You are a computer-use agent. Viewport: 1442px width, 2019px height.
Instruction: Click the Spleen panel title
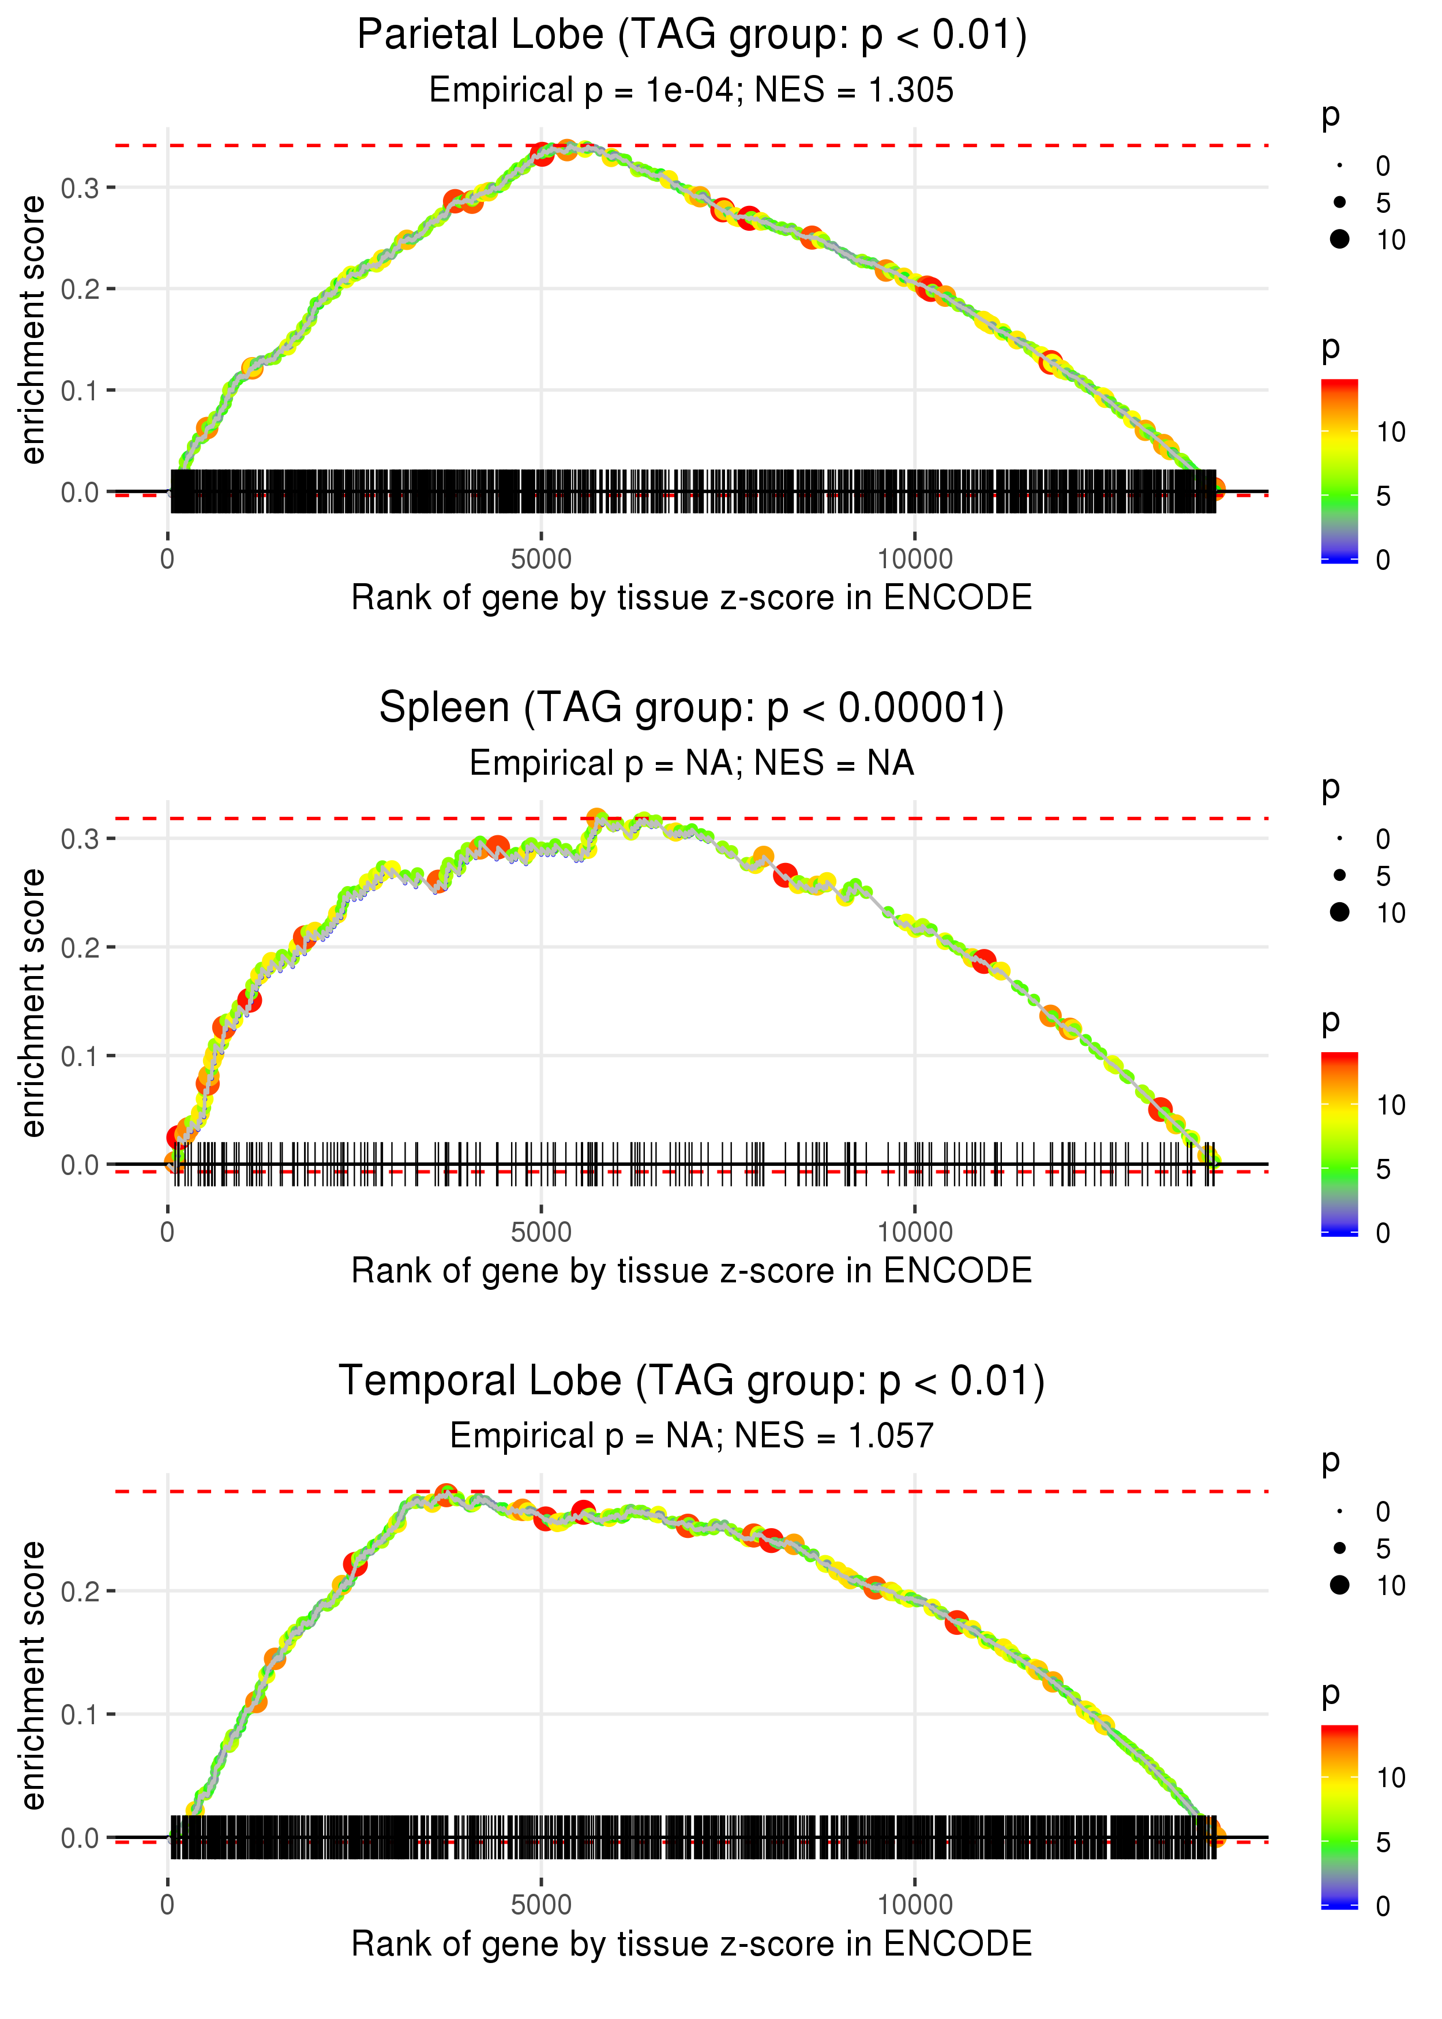[x=692, y=708]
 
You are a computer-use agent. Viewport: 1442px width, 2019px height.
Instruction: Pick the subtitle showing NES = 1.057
[x=692, y=1436]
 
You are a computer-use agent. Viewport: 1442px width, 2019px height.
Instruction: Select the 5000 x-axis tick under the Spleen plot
[x=541, y=1232]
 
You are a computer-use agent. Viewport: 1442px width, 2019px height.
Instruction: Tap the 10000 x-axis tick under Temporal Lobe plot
[x=915, y=1905]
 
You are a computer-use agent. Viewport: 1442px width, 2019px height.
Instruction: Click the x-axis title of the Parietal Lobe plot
[x=692, y=598]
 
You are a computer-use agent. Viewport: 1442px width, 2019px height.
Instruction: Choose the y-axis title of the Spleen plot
[x=33, y=1003]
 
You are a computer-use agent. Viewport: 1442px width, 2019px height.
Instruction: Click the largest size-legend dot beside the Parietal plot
[x=1340, y=239]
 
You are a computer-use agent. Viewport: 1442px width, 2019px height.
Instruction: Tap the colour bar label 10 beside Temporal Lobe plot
[x=1391, y=1778]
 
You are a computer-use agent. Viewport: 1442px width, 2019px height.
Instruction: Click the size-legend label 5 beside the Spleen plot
[x=1383, y=876]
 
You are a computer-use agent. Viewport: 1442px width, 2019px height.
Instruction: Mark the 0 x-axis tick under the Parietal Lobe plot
[x=168, y=560]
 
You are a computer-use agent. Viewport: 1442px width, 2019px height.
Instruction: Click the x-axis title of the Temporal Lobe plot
[x=692, y=1943]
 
